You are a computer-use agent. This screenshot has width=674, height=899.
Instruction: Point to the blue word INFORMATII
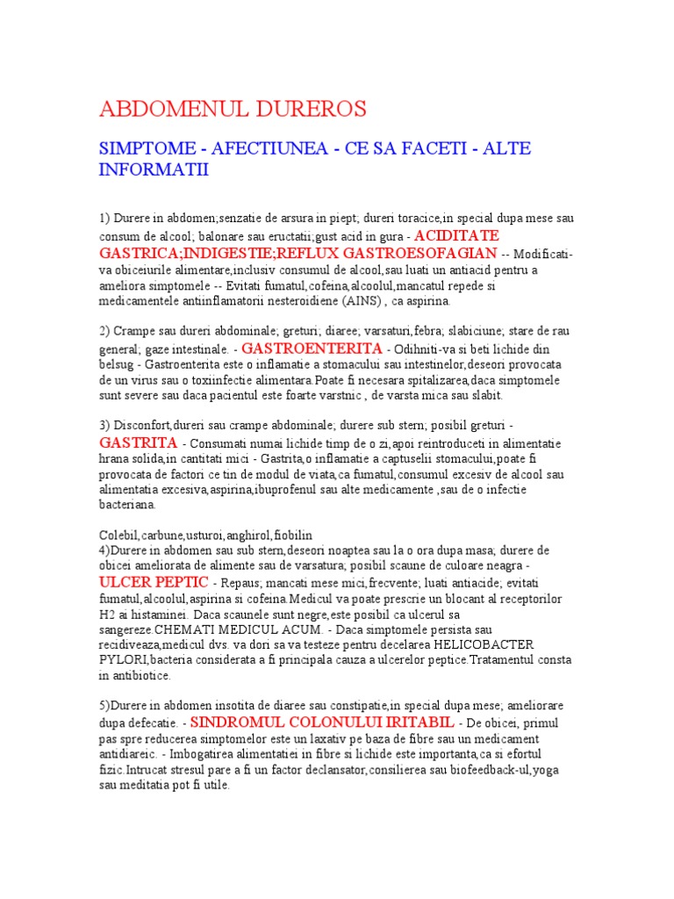tap(154, 169)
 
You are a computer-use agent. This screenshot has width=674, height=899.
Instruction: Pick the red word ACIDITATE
tap(456, 236)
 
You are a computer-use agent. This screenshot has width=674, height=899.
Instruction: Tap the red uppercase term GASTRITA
tap(139, 442)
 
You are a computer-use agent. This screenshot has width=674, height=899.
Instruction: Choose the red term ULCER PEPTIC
tap(154, 582)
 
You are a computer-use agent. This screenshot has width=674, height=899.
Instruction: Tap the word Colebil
tap(117, 535)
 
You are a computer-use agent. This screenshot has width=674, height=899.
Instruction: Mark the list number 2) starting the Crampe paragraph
tap(104, 331)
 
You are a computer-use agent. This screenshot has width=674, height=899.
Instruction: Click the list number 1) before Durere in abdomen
tap(104, 217)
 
